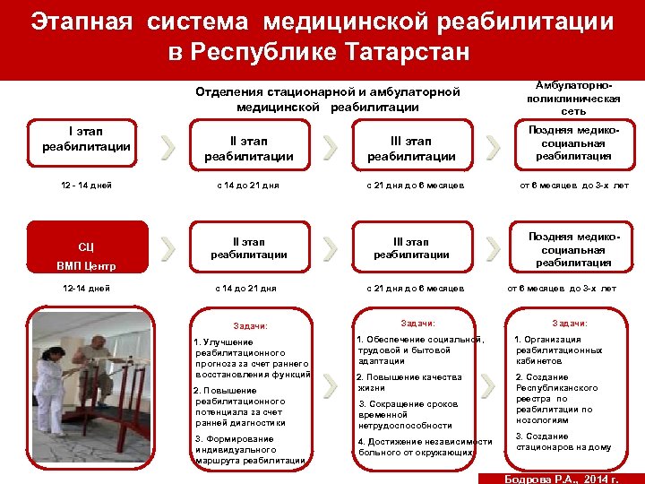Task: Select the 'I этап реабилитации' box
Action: tap(86, 140)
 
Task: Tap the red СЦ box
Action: tap(86, 246)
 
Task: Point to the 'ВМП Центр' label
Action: tap(86, 266)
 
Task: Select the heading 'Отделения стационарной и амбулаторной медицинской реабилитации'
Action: tap(327, 99)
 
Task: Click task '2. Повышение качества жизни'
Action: tap(408, 383)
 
